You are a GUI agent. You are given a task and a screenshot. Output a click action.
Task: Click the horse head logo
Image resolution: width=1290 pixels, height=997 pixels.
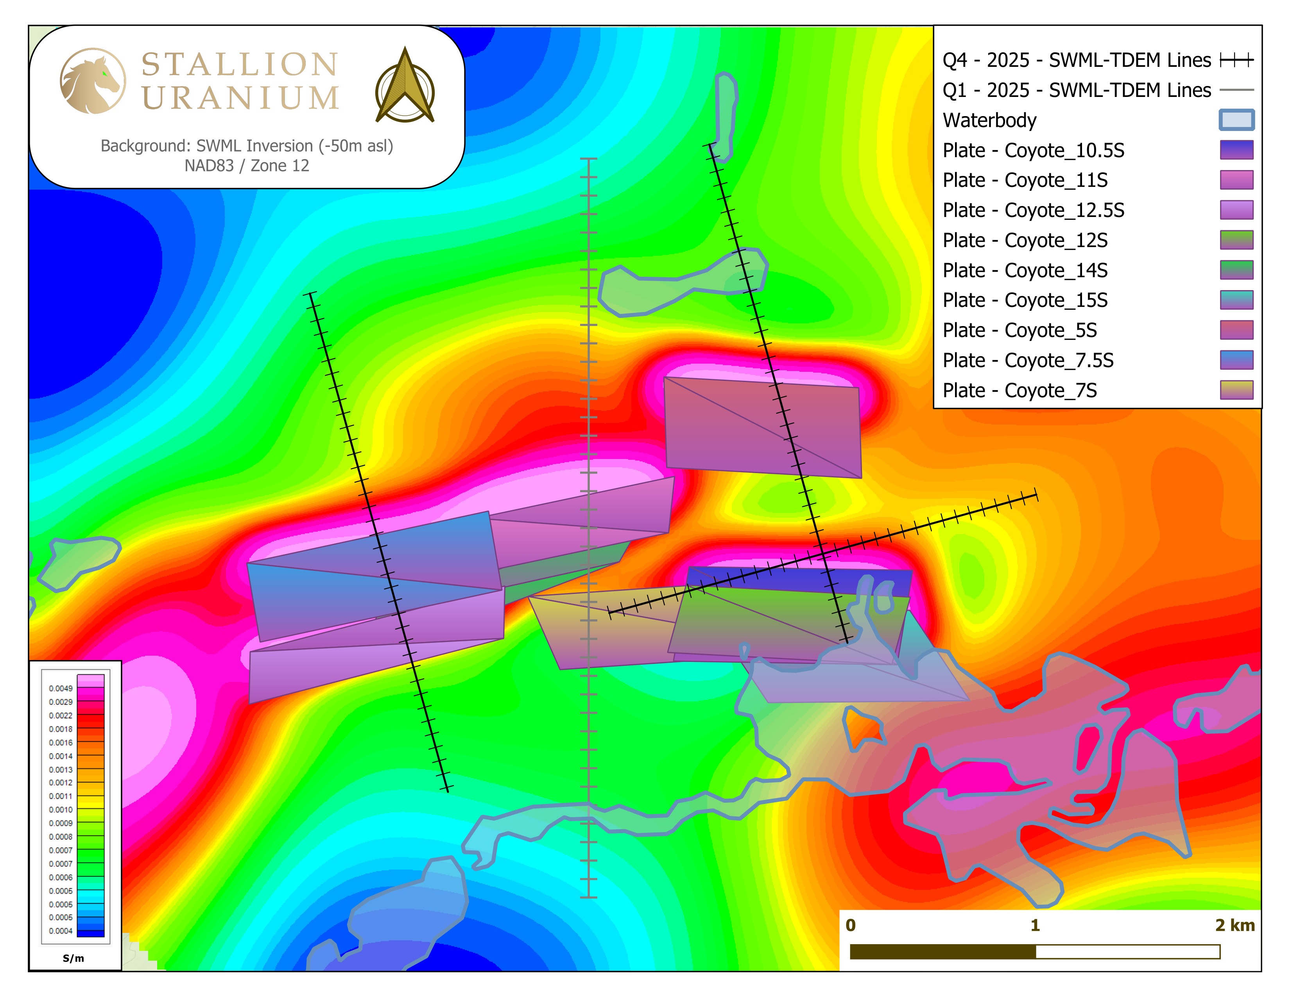(x=93, y=81)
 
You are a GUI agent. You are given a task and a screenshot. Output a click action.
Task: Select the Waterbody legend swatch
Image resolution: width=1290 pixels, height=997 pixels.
(x=1236, y=120)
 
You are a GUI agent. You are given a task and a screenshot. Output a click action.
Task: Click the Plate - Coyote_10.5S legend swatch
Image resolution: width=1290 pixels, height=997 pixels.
(x=1236, y=150)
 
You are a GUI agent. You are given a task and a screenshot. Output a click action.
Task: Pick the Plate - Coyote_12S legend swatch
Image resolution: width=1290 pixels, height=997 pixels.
(x=1236, y=240)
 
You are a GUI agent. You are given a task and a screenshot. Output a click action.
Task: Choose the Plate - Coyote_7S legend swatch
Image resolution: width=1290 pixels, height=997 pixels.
(x=1236, y=390)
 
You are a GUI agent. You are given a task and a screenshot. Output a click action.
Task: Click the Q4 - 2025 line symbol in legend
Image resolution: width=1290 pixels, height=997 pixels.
(x=1236, y=60)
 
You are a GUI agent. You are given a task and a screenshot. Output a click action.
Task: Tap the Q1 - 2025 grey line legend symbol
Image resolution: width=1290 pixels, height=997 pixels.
(x=1236, y=90)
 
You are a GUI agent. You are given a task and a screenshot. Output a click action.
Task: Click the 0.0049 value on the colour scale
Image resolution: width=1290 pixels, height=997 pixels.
(x=61, y=688)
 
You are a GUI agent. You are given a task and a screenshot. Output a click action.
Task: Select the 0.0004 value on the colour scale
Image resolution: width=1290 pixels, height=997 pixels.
(x=61, y=931)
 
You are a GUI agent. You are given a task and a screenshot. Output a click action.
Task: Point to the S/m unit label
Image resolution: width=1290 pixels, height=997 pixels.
(x=73, y=958)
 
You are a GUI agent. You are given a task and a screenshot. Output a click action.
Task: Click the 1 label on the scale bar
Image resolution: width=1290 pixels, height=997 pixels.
(x=1035, y=925)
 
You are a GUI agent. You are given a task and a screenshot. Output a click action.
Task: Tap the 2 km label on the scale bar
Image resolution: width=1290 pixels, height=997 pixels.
(x=1234, y=925)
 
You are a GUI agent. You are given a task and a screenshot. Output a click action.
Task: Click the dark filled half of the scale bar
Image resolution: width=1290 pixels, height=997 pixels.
(x=943, y=952)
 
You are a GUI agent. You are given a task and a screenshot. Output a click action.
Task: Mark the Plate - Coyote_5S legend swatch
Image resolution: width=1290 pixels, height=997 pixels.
(x=1236, y=330)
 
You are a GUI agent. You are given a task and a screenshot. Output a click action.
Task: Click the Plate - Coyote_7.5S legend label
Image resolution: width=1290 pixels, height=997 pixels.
(x=1028, y=360)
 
